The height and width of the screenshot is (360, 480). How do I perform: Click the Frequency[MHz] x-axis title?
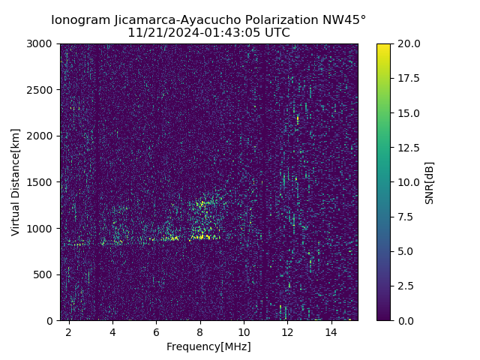point(208,346)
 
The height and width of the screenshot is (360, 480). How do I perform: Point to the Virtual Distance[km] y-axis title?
point(16,182)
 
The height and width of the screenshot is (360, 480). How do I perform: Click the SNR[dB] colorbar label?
point(430,182)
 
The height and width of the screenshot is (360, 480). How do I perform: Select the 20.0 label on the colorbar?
point(409,43)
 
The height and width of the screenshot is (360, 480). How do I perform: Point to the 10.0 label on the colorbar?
point(409,182)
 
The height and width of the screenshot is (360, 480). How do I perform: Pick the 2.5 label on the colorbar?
point(406,286)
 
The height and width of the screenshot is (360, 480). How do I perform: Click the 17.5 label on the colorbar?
point(409,78)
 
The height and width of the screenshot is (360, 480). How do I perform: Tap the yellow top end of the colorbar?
point(383,46)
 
